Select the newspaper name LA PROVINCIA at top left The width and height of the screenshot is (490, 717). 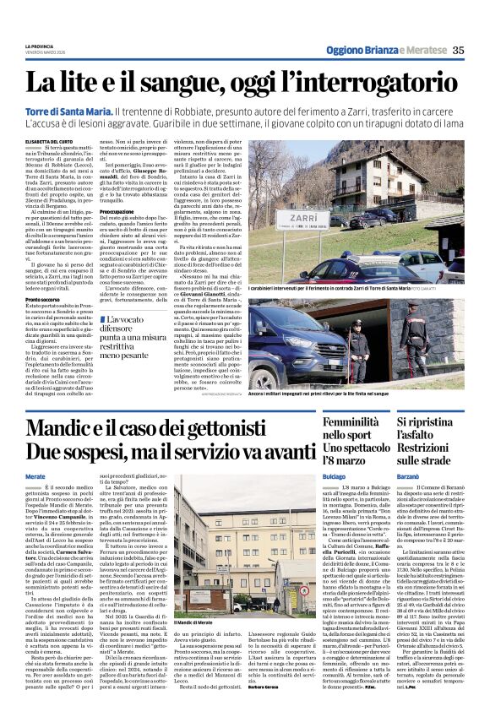coord(40,46)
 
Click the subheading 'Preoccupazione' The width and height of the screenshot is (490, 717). coord(120,211)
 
